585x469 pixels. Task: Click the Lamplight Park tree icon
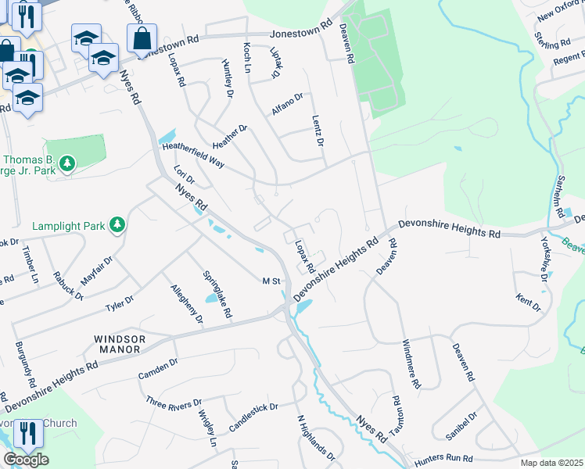117,226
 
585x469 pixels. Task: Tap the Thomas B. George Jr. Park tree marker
69,163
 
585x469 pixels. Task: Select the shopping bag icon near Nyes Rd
142,38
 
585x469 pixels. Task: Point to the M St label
271,281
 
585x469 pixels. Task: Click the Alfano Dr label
287,105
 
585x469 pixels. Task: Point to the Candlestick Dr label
253,418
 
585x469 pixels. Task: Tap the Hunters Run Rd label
445,458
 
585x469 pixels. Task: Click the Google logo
26,460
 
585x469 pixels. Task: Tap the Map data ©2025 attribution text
551,463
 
